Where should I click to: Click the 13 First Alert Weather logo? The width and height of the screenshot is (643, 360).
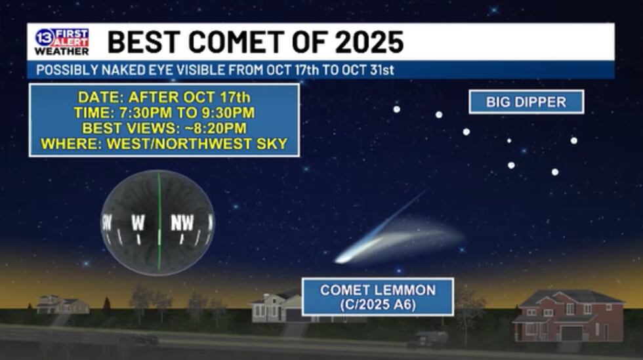click(62, 41)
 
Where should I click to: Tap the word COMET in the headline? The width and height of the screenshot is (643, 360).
click(236, 42)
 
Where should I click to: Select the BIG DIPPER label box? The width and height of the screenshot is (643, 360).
click(526, 102)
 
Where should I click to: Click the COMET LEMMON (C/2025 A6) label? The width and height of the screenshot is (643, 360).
click(378, 297)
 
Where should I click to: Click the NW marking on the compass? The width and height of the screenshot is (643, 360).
click(182, 223)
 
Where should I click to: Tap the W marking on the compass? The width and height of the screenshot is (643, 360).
click(138, 223)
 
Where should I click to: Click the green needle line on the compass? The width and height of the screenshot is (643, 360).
click(159, 222)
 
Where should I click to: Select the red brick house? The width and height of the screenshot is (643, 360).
click(568, 315)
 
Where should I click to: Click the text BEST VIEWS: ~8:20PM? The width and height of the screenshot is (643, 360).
click(164, 128)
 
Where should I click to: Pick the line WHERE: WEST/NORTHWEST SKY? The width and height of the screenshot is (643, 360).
click(164, 144)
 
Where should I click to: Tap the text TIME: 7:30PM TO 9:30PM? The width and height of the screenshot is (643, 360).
click(164, 112)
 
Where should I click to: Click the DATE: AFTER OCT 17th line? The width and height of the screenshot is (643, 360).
click(164, 97)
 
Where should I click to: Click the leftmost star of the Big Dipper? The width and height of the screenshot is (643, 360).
click(396, 109)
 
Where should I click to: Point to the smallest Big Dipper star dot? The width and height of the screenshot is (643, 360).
click(509, 140)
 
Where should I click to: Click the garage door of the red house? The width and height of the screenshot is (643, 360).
click(571, 334)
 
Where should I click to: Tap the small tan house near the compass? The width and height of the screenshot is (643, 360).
click(62, 305)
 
